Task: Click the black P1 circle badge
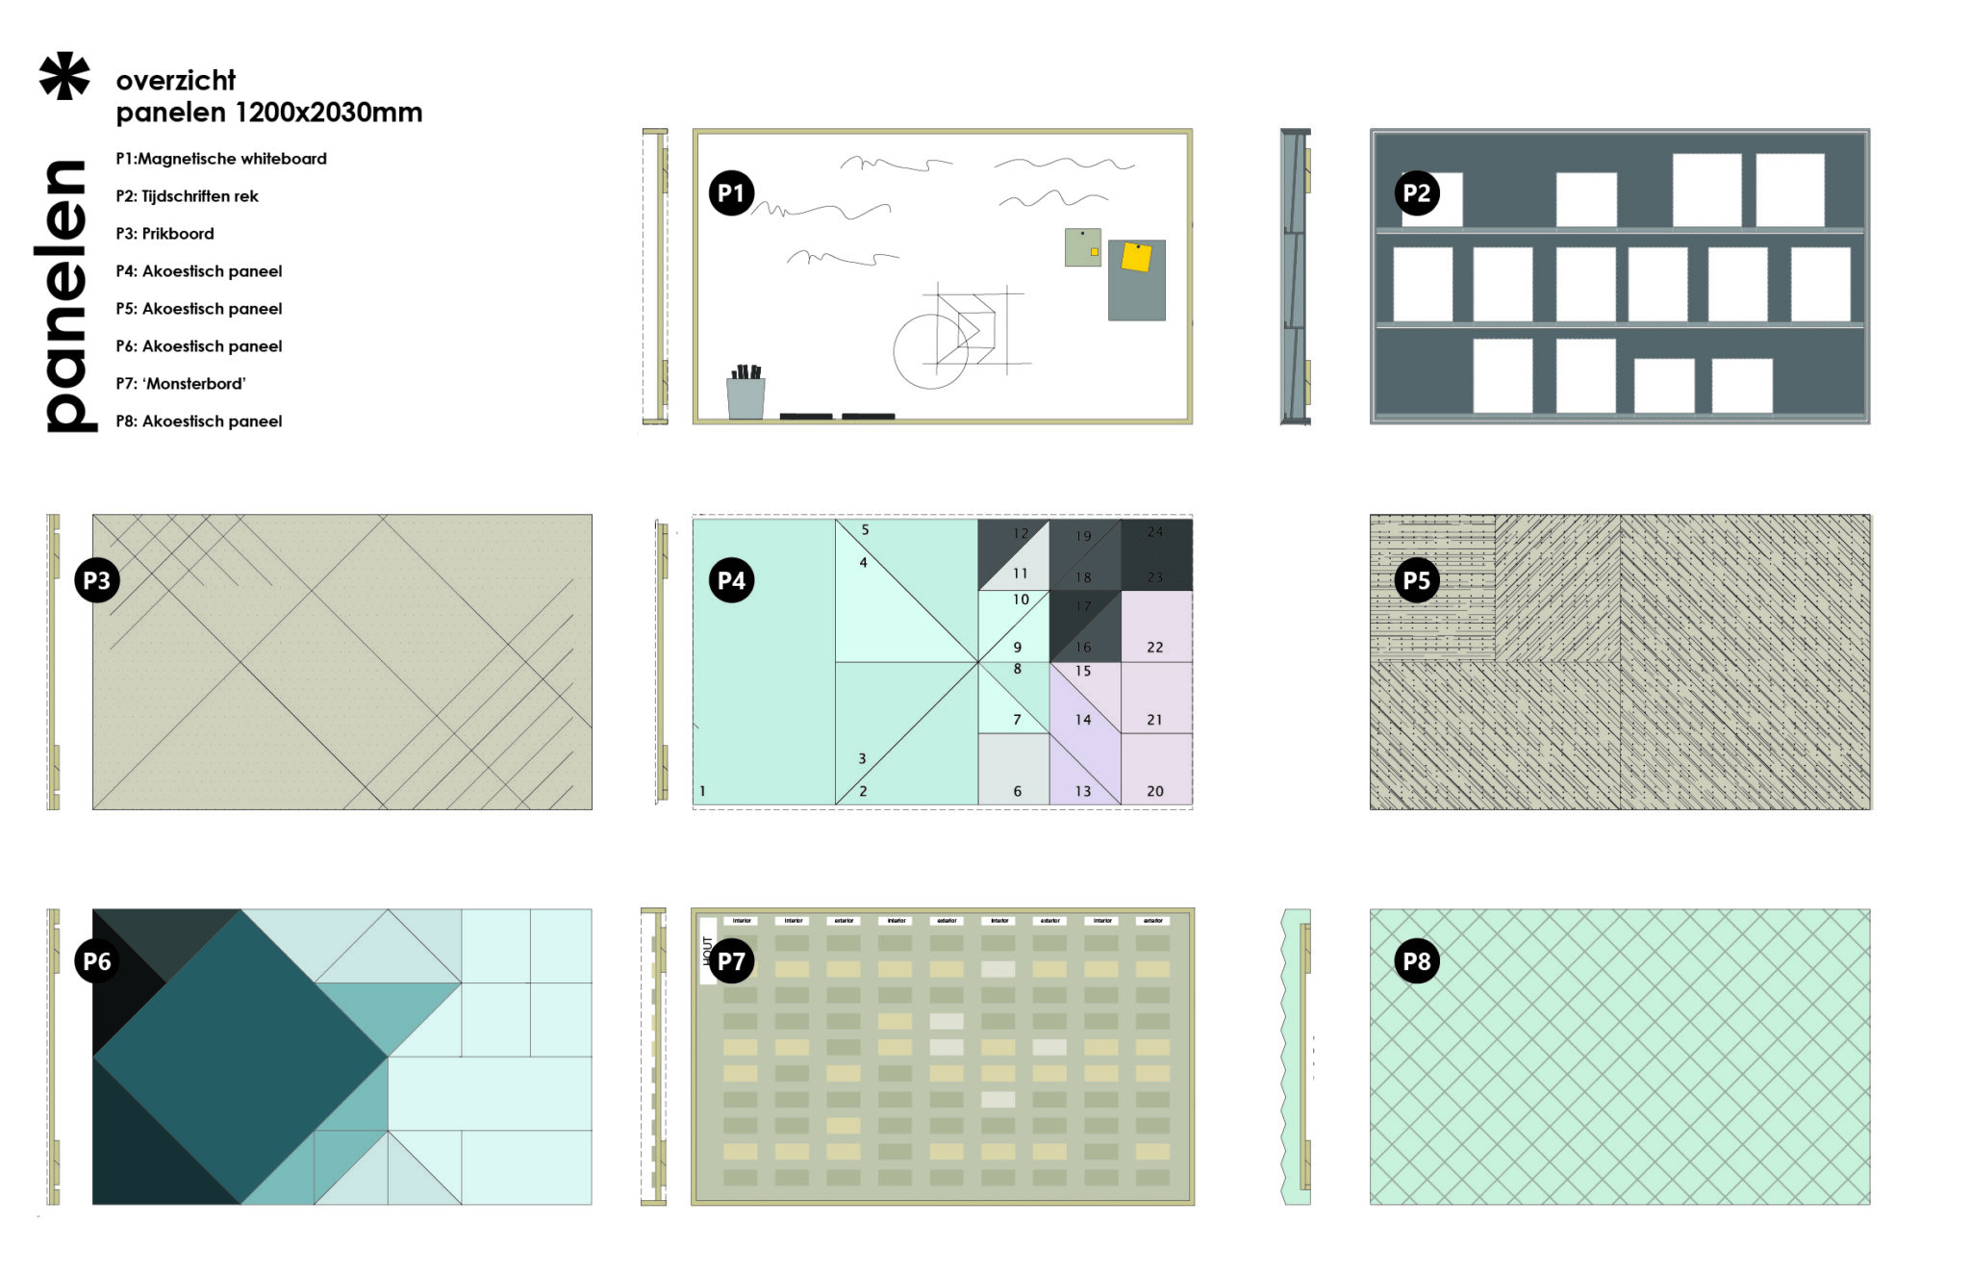point(731,193)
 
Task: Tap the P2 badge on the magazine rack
point(1416,193)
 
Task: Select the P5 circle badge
point(1416,580)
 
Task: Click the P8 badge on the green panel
point(1416,960)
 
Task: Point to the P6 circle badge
point(97,960)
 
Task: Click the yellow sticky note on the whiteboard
point(1136,258)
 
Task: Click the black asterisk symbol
point(64,76)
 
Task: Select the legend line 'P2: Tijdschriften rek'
point(187,196)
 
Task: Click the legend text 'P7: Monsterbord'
point(180,384)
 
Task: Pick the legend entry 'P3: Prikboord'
point(164,234)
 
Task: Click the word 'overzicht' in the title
point(175,80)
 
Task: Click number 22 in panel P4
point(1154,648)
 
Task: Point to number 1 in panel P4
point(702,791)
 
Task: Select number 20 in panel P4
point(1154,791)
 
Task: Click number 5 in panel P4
point(865,530)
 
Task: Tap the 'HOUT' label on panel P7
point(707,951)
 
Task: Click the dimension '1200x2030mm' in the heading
point(328,113)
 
